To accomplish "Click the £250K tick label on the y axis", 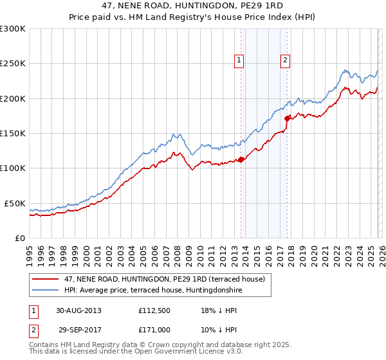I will point(13,64).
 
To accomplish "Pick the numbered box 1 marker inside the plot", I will point(239,60).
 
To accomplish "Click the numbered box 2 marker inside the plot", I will point(284,60).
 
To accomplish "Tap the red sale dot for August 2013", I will point(241,159).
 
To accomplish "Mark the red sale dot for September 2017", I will point(288,118).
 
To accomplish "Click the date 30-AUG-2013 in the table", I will point(79,310).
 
